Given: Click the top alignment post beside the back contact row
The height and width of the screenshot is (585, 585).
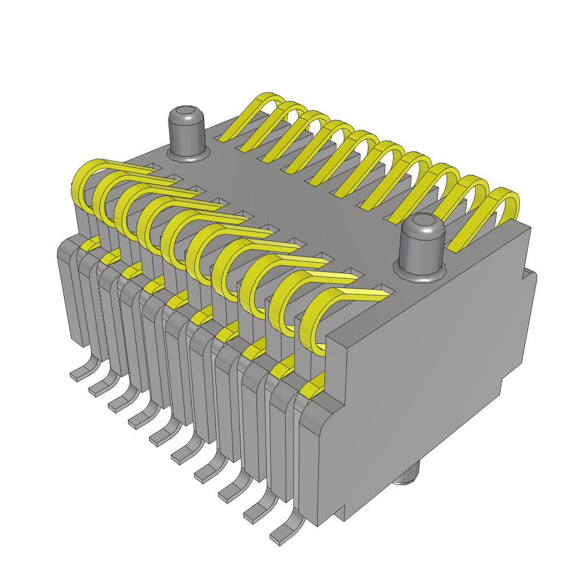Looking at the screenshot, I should pyautogui.click(x=187, y=133).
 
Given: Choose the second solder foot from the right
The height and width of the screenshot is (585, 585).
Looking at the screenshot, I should pyautogui.click(x=261, y=511).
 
